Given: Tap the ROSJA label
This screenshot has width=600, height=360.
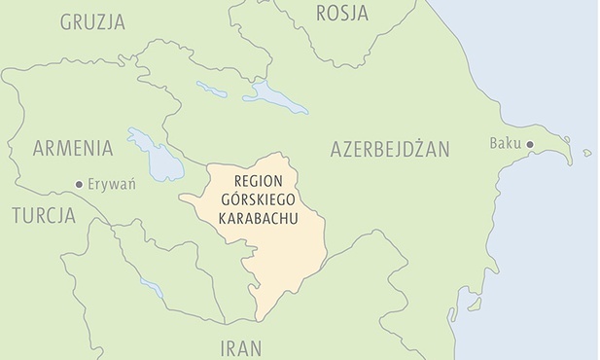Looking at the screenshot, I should (343, 12).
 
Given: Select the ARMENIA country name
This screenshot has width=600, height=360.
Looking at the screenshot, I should (73, 149).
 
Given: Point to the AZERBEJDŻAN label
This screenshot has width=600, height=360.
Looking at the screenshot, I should (390, 149).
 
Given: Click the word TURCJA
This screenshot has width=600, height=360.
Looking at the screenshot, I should (44, 215).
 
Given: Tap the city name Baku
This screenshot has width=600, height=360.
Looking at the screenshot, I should (505, 145).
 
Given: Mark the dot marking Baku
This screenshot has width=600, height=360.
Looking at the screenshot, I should (531, 145).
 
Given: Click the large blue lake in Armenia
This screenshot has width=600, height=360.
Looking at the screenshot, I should (156, 154).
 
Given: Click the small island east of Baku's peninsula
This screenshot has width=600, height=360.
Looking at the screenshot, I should (587, 153).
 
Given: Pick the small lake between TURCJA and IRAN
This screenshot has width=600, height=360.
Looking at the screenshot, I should (151, 289).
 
